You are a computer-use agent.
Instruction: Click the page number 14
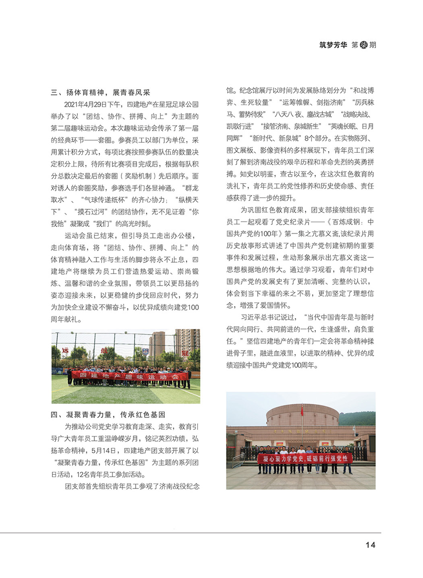[x=370, y=545]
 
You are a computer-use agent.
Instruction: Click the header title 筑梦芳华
[x=333, y=45]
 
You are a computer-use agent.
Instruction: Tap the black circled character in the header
[x=363, y=45]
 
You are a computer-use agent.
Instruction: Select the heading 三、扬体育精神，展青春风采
[x=100, y=92]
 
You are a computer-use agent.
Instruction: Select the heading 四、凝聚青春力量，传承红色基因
[x=108, y=414]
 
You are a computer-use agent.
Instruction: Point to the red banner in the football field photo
[x=129, y=376]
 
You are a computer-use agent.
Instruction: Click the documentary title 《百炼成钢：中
[x=350, y=222]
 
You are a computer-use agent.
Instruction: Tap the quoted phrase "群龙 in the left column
[x=190, y=188]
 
